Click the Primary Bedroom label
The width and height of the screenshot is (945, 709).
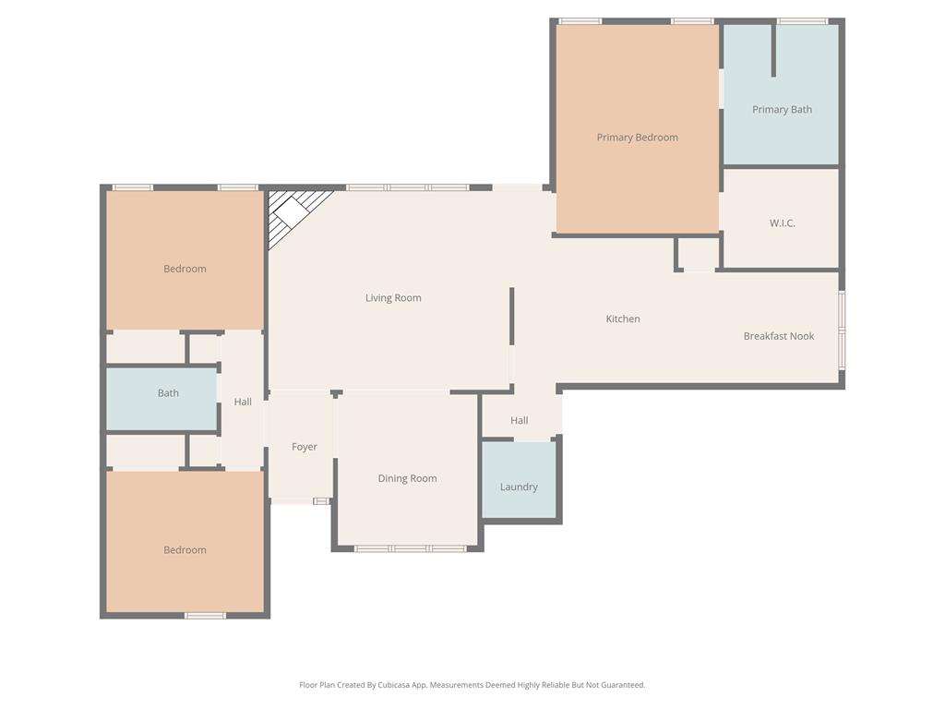637,138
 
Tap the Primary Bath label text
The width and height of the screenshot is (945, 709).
782,109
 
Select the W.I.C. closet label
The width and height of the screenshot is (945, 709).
782,223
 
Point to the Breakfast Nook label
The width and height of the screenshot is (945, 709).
778,336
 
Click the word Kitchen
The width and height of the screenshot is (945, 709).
622,318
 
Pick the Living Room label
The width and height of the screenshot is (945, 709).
393,298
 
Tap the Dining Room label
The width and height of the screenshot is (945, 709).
407,478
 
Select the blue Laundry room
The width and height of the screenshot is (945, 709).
519,480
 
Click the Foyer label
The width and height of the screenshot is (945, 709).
304,447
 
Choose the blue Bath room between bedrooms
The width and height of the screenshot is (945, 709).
161,399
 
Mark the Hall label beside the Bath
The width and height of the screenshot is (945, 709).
243,402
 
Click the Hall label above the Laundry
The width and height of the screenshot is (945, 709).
520,420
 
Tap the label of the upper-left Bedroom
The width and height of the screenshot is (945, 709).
185,269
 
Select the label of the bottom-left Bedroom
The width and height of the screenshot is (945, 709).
185,550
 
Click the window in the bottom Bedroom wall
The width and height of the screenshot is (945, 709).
205,616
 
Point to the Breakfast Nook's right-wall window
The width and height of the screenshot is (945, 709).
842,330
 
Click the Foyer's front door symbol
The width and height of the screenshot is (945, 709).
321,501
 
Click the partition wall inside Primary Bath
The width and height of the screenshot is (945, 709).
773,51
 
